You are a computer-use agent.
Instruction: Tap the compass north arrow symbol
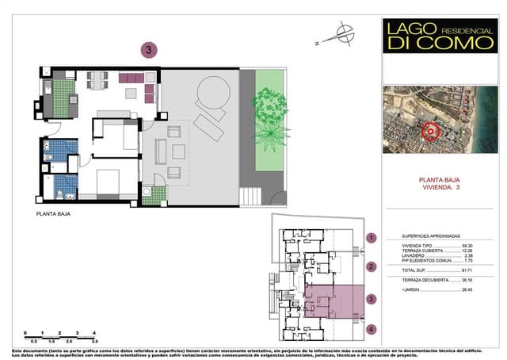point(344,33)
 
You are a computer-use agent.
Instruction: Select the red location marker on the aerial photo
point(431,132)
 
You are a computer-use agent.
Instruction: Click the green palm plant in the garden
point(270,117)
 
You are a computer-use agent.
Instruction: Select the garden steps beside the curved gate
point(252,193)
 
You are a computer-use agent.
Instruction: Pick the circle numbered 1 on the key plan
point(372,237)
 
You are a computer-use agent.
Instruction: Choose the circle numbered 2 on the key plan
point(372,266)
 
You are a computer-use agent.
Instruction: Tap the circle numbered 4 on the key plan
point(372,329)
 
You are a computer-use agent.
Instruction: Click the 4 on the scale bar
point(94,333)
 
